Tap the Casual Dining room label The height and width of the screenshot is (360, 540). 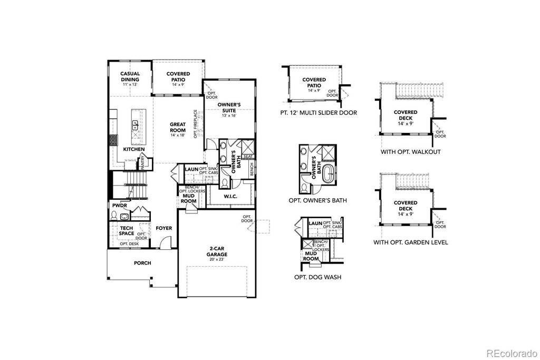[130, 77]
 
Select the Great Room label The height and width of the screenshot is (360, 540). [178, 128]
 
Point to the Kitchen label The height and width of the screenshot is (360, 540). [133, 149]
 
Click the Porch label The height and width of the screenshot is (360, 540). [142, 263]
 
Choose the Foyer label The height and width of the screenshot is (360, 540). [164, 228]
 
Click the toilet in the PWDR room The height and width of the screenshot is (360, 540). [114, 215]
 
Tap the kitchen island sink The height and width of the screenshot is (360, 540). [135, 124]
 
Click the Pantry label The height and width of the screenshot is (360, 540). [142, 162]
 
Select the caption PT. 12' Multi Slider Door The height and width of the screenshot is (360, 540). [319, 112]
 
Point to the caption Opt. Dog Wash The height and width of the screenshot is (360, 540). [317, 276]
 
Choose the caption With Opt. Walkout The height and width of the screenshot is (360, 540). [410, 152]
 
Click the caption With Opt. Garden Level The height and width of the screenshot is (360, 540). [410, 242]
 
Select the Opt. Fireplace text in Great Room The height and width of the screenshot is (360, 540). [195, 124]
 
